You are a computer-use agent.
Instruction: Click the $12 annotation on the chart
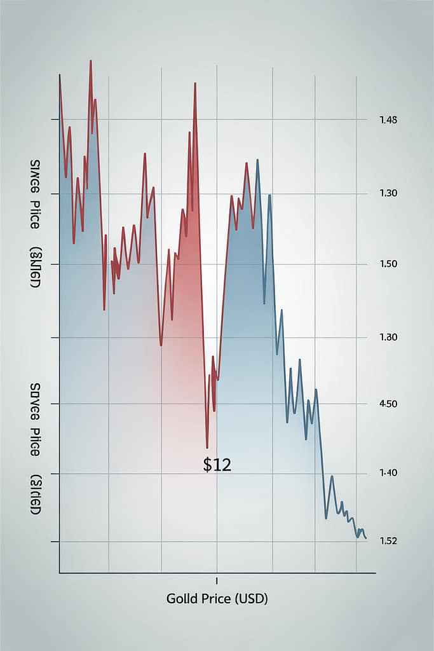point(217,465)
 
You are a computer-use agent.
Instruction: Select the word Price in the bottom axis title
point(215,599)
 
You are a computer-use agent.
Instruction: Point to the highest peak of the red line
point(91,61)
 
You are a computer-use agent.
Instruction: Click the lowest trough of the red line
point(207,448)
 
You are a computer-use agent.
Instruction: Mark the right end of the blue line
point(366,539)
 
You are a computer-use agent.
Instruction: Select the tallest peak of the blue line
point(257,160)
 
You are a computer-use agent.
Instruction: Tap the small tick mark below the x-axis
point(217,580)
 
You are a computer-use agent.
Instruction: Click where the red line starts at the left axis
point(60,76)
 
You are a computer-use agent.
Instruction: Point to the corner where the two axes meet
point(60,573)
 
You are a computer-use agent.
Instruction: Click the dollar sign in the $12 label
point(207,465)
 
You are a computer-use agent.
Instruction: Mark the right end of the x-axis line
point(375,573)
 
